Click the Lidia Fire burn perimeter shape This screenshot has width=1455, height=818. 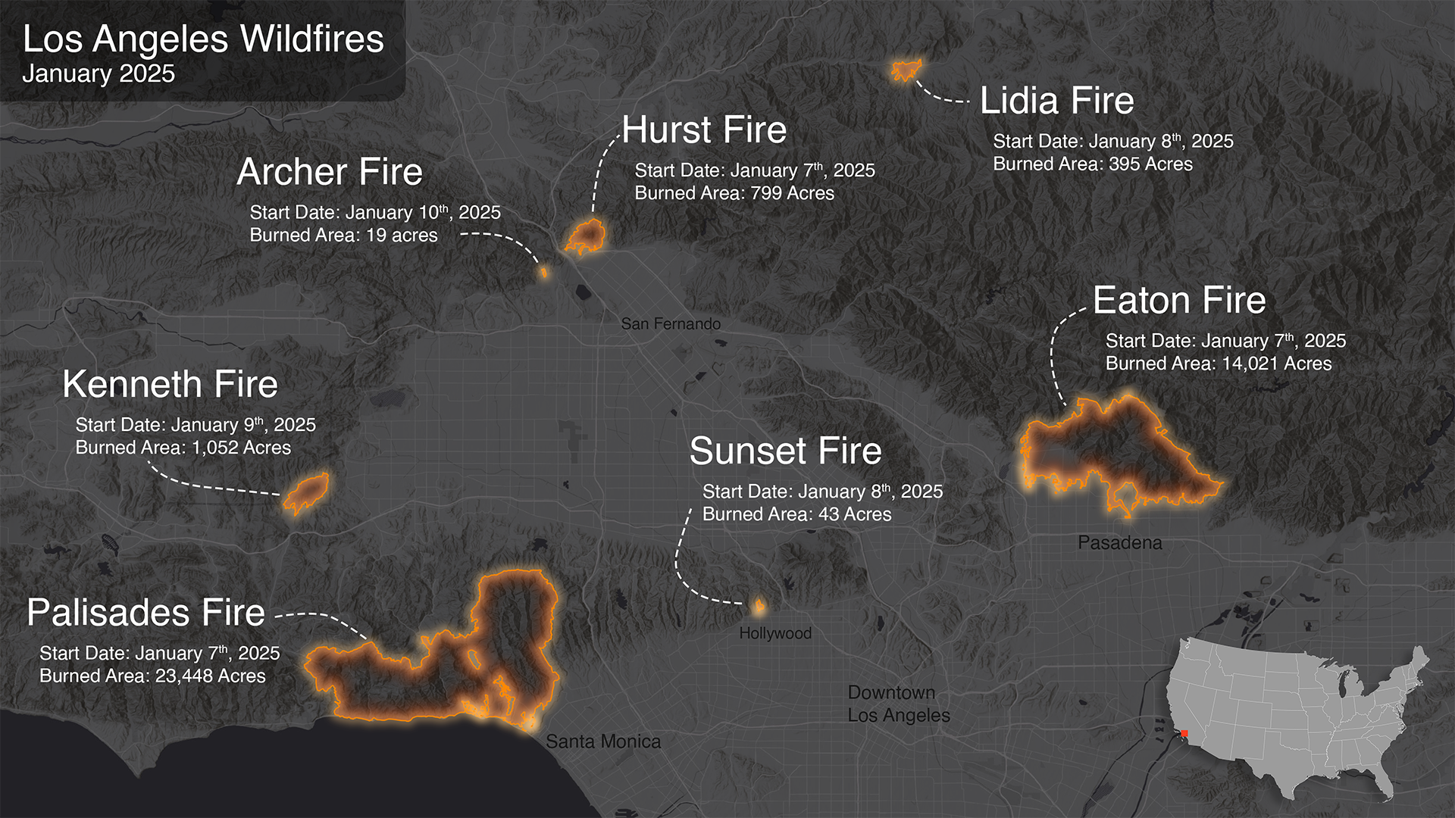[x=906, y=70]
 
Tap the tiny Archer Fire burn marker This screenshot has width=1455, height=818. [x=543, y=272]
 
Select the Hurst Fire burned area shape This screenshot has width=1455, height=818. [x=586, y=236]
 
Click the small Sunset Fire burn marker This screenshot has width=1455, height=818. [x=759, y=605]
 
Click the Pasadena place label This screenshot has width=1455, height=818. [x=1119, y=543]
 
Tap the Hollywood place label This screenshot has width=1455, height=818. [x=774, y=633]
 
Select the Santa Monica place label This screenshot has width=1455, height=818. [x=602, y=742]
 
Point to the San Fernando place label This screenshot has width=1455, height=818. [x=671, y=324]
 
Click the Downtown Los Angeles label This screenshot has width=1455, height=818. [x=898, y=704]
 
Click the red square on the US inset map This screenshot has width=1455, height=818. [x=1184, y=733]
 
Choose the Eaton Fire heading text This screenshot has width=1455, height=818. [x=1179, y=301]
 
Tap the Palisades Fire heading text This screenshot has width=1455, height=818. [x=145, y=612]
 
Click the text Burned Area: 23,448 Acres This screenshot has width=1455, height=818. [x=152, y=676]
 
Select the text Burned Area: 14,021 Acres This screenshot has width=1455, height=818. [x=1218, y=364]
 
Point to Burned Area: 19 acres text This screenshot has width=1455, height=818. [x=343, y=236]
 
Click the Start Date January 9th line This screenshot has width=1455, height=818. [x=196, y=425]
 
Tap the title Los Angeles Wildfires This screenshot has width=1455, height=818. [x=203, y=39]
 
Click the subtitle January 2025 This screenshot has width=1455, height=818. [x=99, y=73]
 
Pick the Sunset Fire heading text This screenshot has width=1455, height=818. [x=785, y=451]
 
